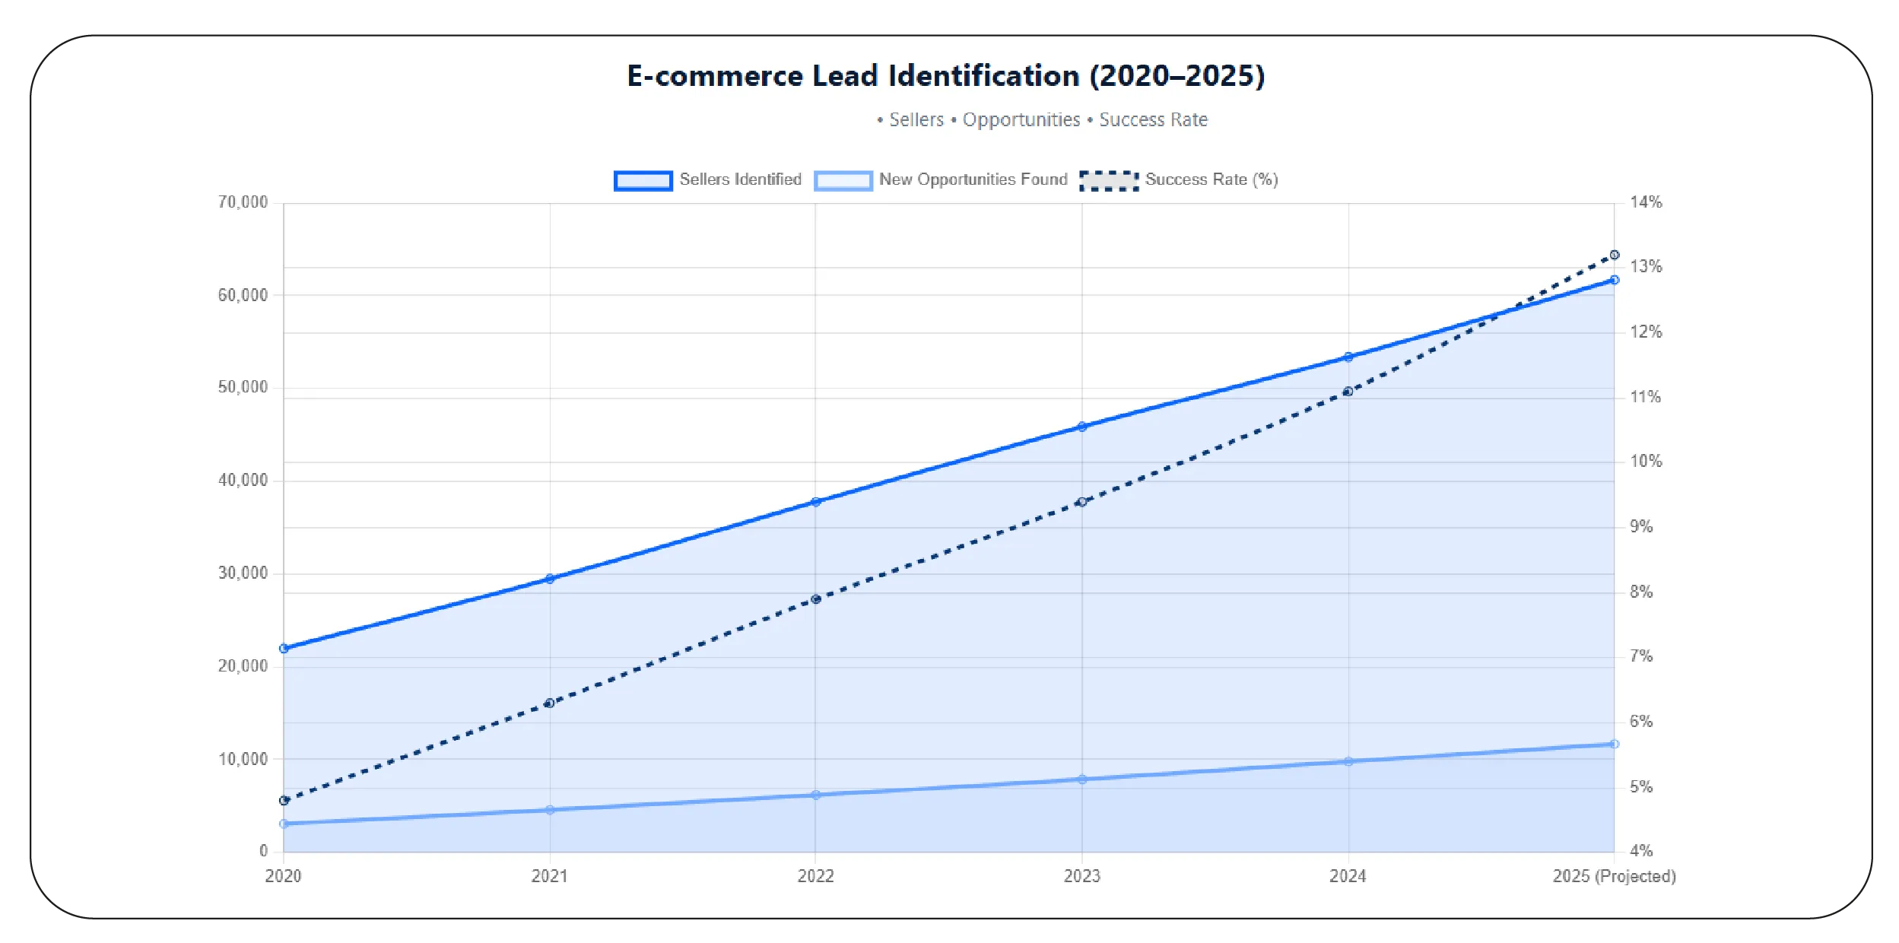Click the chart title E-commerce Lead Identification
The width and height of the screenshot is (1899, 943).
pos(945,76)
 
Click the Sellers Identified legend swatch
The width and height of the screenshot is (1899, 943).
pos(643,180)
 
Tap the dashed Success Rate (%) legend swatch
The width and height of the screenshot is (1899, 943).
pos(1109,180)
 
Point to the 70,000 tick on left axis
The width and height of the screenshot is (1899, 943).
pos(243,202)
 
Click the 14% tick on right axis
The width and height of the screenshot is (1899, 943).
pos(1646,202)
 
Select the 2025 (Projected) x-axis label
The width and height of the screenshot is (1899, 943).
pos(1614,876)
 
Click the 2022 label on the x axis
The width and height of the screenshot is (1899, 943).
pos(815,876)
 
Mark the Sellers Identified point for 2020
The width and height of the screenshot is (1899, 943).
pos(284,649)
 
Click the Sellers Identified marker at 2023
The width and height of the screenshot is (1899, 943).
pos(1082,427)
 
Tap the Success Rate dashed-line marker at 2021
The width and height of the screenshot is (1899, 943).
pos(550,703)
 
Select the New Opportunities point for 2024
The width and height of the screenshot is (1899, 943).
pos(1348,761)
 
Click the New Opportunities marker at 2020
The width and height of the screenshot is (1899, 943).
pos(284,824)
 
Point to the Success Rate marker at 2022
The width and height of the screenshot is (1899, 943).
pos(816,599)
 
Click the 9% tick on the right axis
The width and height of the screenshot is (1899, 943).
pos(1641,526)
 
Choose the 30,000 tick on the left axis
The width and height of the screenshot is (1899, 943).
pos(243,573)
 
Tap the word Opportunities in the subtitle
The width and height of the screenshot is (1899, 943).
pos(1021,120)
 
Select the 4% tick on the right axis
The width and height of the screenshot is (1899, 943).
pos(1641,850)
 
